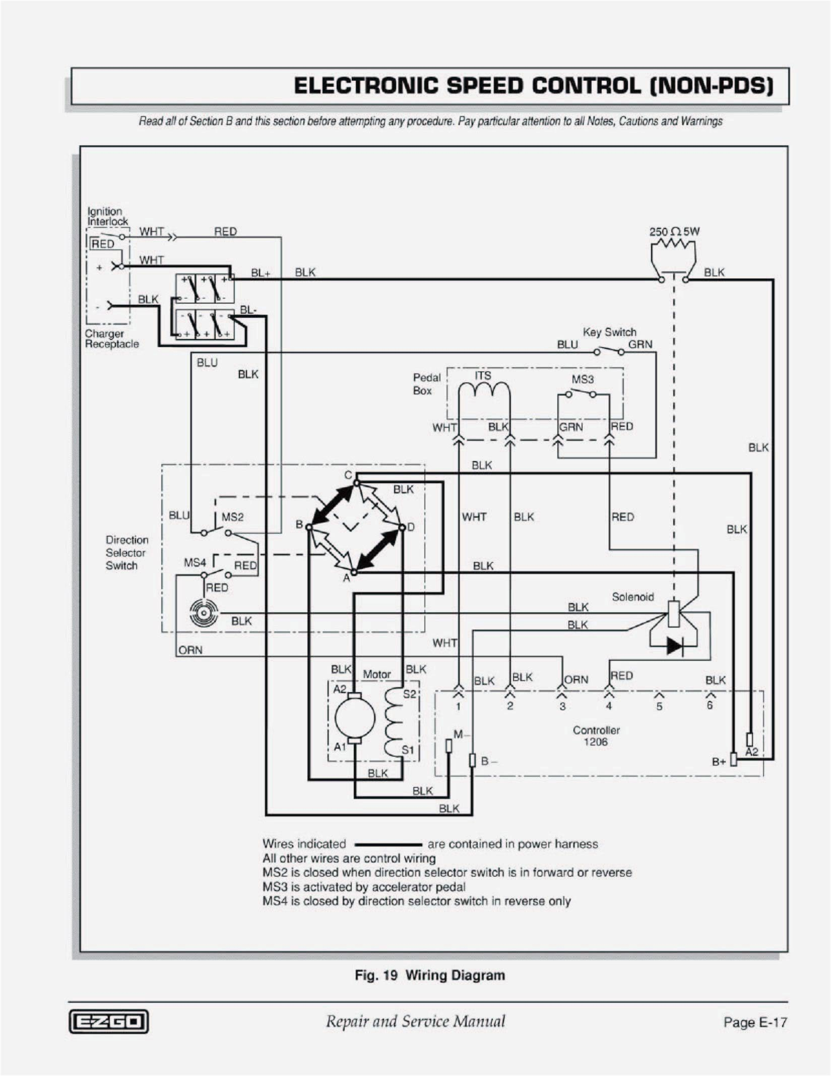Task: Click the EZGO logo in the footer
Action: point(108,1022)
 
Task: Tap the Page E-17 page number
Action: point(754,1022)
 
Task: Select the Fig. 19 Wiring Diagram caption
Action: point(429,975)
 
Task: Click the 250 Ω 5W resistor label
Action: point(674,232)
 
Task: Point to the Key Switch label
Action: point(609,332)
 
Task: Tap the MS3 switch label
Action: point(582,379)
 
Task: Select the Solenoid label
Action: point(632,597)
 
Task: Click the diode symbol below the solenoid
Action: point(674,645)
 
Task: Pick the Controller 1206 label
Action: point(596,736)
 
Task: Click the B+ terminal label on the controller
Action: point(719,762)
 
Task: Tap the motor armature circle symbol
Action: point(355,718)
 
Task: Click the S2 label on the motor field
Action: point(409,694)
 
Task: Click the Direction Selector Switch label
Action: point(126,552)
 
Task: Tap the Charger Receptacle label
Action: point(111,338)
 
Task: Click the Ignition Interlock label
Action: point(107,216)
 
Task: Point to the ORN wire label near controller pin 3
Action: point(576,679)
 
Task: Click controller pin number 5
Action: point(659,706)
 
